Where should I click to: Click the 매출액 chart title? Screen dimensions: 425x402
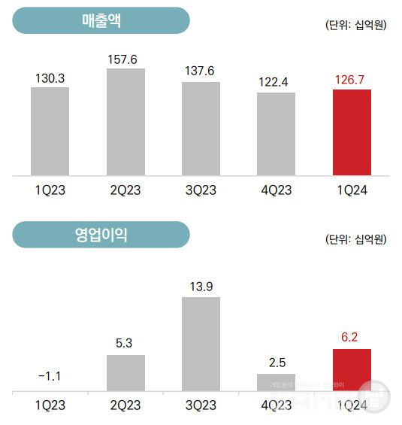101,20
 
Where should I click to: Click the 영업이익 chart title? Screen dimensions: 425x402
101,234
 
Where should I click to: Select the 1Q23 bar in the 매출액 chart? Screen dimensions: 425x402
50,132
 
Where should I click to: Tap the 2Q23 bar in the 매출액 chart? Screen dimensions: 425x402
125,123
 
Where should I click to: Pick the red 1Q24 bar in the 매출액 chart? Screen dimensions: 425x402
352,132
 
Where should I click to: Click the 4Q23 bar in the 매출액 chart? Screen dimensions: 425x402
276,134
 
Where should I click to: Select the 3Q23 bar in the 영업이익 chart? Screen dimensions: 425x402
201,344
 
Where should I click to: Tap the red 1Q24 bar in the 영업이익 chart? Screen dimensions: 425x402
352,370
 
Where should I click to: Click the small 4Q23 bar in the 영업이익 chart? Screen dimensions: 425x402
276,383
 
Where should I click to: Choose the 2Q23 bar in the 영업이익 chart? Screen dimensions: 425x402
125,373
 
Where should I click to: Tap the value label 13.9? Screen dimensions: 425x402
201,286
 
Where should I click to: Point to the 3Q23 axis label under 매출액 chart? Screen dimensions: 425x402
201,190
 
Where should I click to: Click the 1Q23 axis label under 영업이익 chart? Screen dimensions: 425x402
50,405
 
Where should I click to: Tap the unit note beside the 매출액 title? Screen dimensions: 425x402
356,25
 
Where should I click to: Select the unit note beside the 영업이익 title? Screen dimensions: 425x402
356,239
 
